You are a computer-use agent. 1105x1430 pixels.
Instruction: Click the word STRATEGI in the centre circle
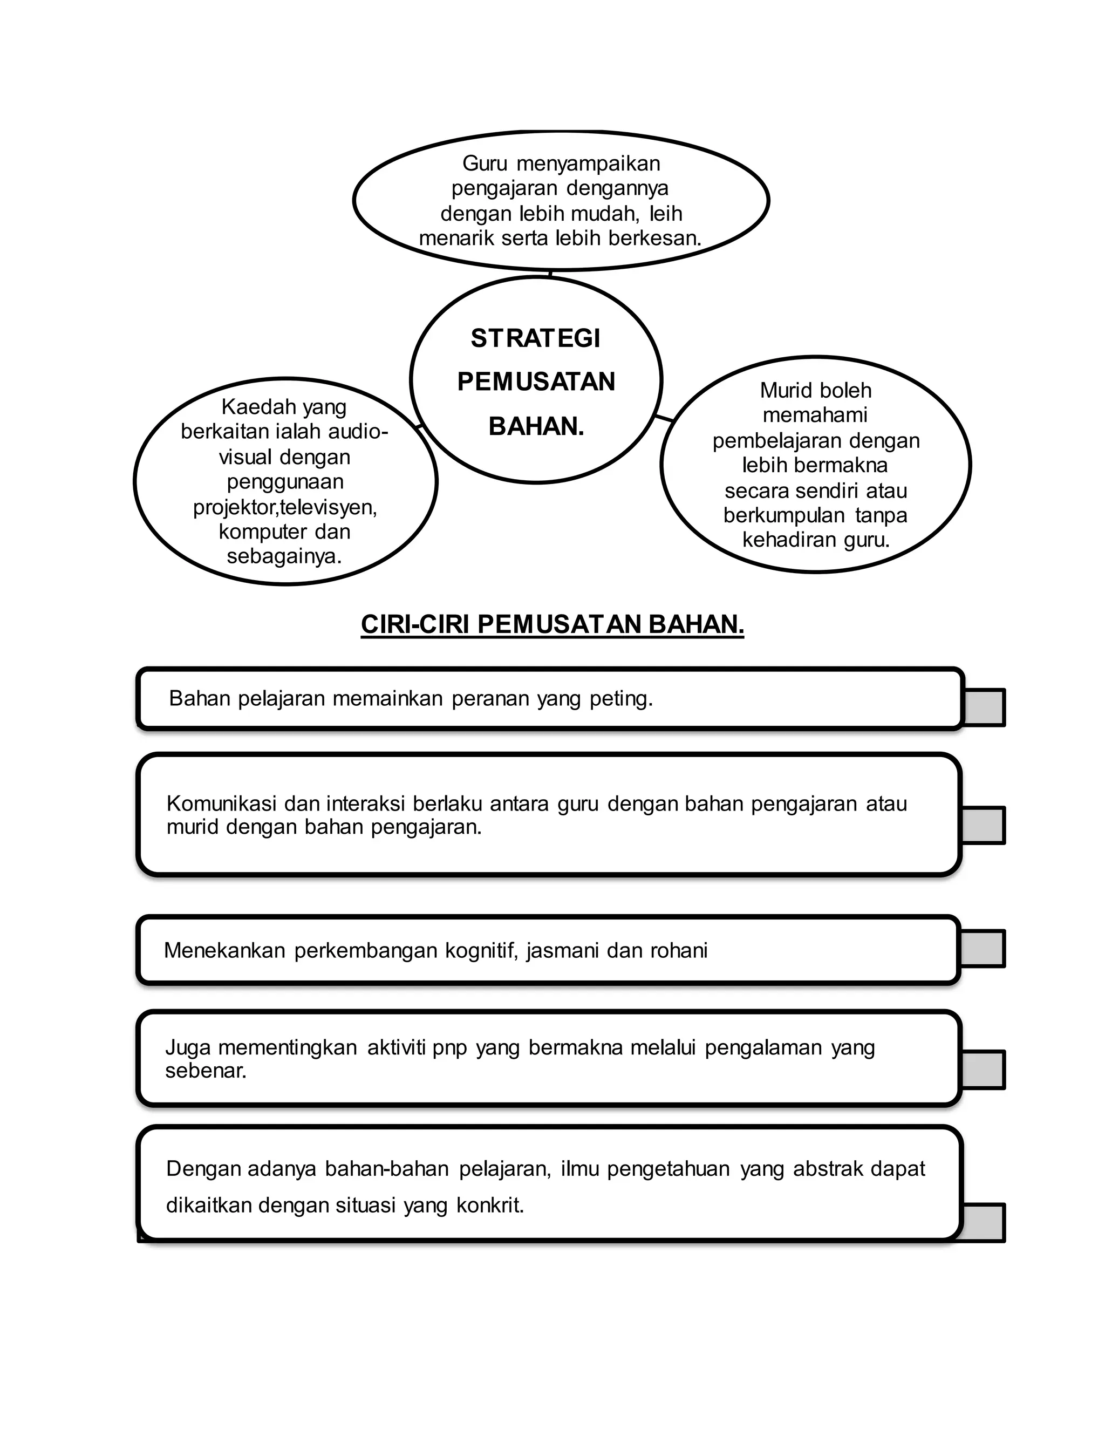pyautogui.click(x=535, y=338)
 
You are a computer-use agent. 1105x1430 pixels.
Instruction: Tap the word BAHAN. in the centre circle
pyautogui.click(x=536, y=427)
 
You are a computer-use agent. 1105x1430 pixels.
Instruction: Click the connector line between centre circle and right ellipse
pyautogui.click(x=664, y=417)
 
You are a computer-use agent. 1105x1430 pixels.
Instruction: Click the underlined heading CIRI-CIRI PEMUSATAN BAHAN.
pyautogui.click(x=552, y=625)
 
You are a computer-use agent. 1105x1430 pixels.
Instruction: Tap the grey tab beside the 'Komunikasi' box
pyautogui.click(x=983, y=825)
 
